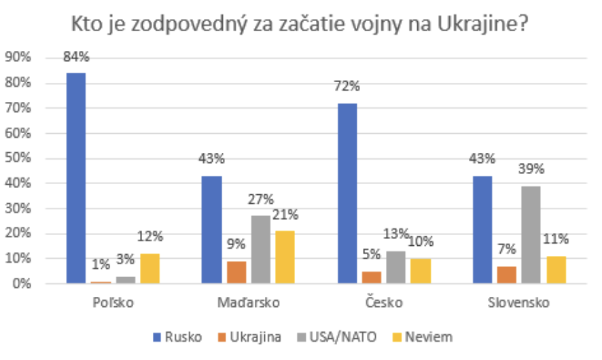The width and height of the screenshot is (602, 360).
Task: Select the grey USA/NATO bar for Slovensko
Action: click(x=531, y=234)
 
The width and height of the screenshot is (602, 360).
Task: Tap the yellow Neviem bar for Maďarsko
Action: click(x=285, y=257)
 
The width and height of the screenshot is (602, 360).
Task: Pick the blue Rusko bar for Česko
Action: click(x=347, y=193)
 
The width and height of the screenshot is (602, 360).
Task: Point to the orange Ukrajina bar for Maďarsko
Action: click(x=236, y=272)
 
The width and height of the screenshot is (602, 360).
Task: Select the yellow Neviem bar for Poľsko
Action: click(x=150, y=268)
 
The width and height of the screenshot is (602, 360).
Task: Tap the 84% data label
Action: click(x=76, y=57)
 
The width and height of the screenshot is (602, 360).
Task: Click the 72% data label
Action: click(x=347, y=87)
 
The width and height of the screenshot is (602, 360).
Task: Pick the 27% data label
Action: click(x=260, y=200)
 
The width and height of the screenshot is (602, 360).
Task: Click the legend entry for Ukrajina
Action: click(x=249, y=336)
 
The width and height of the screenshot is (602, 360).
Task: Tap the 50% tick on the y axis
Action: click(x=18, y=158)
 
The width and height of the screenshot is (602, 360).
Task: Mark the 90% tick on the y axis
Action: click(x=18, y=58)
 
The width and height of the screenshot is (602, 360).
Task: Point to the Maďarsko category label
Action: click(x=248, y=303)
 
